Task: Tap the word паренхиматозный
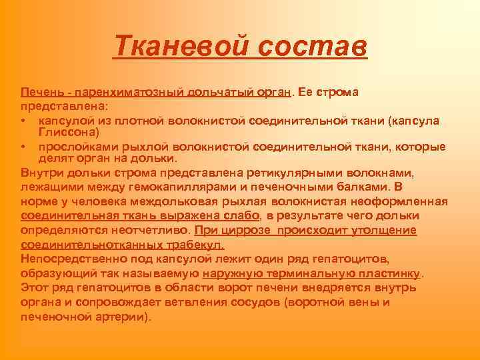pyautogui.click(x=126, y=91)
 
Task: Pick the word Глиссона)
pyautogui.click(x=70, y=133)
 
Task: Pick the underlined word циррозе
pyautogui.click(x=245, y=230)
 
